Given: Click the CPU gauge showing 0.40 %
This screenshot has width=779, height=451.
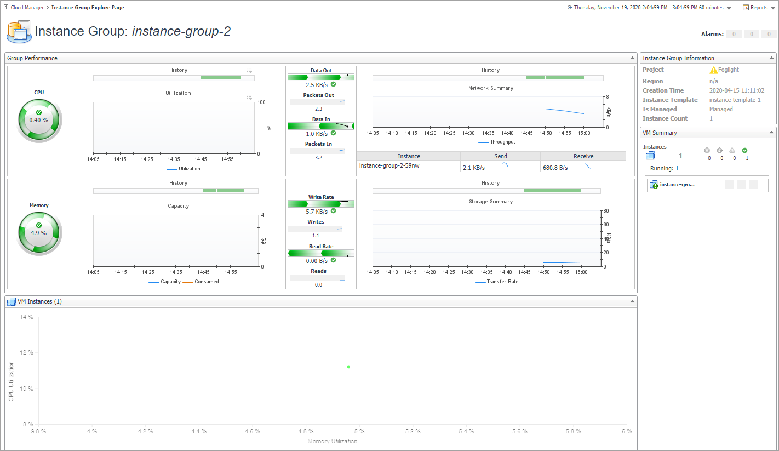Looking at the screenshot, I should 39,119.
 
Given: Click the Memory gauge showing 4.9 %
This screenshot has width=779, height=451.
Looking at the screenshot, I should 39,232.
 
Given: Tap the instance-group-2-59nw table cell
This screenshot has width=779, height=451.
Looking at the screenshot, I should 389,165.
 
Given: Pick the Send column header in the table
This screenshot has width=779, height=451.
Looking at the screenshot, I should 500,156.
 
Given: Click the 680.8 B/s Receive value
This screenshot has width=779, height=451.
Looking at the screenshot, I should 555,167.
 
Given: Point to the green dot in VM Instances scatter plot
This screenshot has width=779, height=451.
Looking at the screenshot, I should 348,367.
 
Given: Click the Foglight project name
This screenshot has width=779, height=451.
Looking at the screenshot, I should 728,70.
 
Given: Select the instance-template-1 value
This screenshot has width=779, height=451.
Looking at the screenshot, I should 735,100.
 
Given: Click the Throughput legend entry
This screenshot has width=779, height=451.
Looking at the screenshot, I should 502,142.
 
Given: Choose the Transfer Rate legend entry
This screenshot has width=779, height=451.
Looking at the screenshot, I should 502,282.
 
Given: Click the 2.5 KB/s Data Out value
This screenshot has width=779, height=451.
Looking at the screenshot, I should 317,85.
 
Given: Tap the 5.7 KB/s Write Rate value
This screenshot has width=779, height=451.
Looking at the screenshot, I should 317,212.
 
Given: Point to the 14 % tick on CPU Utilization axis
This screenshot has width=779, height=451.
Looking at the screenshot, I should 26,317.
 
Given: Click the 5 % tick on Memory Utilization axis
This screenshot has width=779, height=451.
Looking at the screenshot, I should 359,432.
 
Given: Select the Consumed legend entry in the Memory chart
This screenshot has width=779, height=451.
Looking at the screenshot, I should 207,282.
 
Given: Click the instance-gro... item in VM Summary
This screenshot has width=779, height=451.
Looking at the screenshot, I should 677,185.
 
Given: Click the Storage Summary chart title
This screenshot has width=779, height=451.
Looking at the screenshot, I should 490,202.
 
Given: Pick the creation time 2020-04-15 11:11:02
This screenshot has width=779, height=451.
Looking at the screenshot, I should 736,90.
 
